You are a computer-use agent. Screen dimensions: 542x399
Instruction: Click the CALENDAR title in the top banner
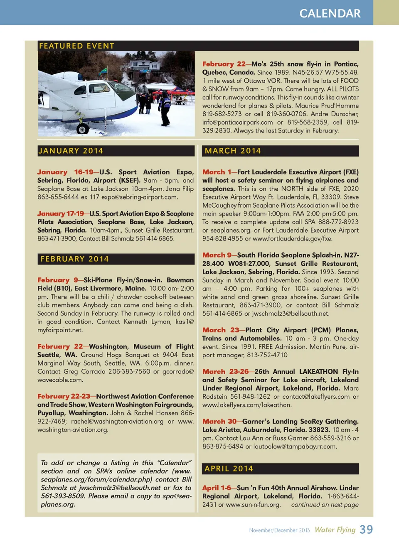[x=330, y=13]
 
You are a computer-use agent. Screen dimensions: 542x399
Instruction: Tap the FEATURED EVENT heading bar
[x=76, y=46]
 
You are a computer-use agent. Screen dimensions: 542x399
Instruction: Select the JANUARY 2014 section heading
[x=71, y=151]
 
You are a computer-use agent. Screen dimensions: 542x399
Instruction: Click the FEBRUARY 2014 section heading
[x=74, y=259]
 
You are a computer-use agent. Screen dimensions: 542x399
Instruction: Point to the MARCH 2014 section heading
[x=233, y=151]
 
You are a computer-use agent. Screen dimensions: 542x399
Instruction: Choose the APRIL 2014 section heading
[x=229, y=468]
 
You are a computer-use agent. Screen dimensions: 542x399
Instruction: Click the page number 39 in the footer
[x=366, y=530]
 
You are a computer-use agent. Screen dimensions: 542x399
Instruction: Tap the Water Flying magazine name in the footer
[x=335, y=530]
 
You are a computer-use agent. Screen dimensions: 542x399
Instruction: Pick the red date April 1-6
[x=217, y=488]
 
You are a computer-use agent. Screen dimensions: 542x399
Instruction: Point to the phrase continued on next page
[x=325, y=505]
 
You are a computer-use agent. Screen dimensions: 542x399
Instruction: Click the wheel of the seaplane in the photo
[x=83, y=129]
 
